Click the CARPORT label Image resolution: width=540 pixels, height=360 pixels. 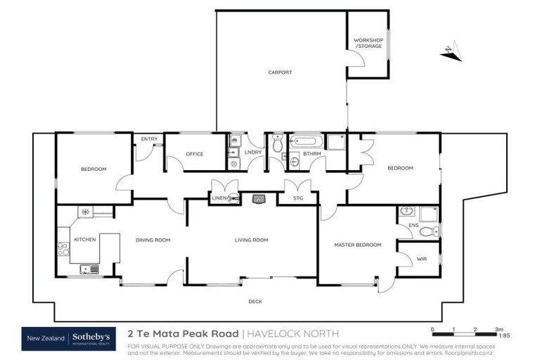click(279, 72)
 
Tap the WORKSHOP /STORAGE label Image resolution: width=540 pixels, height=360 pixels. click(368, 44)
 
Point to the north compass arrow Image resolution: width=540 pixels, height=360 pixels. click(449, 51)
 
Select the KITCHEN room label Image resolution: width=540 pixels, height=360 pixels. click(85, 240)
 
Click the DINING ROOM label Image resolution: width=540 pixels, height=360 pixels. click(153, 240)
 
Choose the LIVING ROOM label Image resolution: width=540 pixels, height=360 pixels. click(252, 240)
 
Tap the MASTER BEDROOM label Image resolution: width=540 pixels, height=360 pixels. click(357, 245)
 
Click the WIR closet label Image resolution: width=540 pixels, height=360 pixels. click(422, 259)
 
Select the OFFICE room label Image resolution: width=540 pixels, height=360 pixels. click(195, 154)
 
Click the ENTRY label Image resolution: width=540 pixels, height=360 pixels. click(149, 139)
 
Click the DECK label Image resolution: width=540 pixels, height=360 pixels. click(255, 302)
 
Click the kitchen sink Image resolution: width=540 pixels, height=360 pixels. click(89, 268)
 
